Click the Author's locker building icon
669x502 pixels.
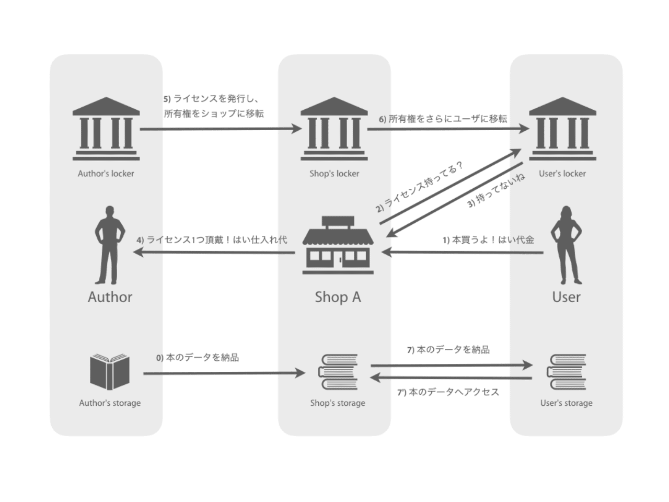tap(106, 129)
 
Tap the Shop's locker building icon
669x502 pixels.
tap(334, 129)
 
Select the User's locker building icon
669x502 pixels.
tap(562, 129)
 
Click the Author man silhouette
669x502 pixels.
tap(110, 245)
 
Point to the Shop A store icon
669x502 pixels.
tap(338, 245)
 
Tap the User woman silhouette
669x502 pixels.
tap(566, 245)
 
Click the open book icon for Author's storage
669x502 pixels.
tap(110, 372)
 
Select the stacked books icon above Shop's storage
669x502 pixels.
tap(338, 372)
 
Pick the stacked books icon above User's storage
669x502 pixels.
tap(566, 372)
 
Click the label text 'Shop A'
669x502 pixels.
tap(338, 297)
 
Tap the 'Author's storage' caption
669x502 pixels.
tap(110, 403)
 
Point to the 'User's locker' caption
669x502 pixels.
tap(562, 174)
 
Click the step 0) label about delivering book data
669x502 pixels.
tap(198, 357)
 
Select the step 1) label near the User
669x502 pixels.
tap(488, 240)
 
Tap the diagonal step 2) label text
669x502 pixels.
tap(420, 187)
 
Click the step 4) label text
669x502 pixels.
tap(212, 240)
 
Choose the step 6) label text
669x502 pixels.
tap(443, 119)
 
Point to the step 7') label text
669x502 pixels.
tap(448, 392)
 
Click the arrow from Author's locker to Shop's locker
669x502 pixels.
tap(221, 129)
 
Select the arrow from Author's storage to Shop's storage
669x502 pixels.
tap(224, 373)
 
